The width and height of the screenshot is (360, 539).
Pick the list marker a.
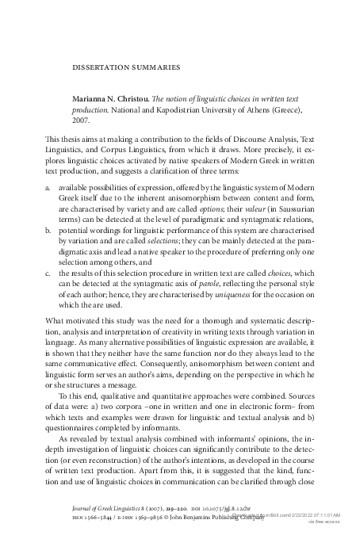click(49, 185)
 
